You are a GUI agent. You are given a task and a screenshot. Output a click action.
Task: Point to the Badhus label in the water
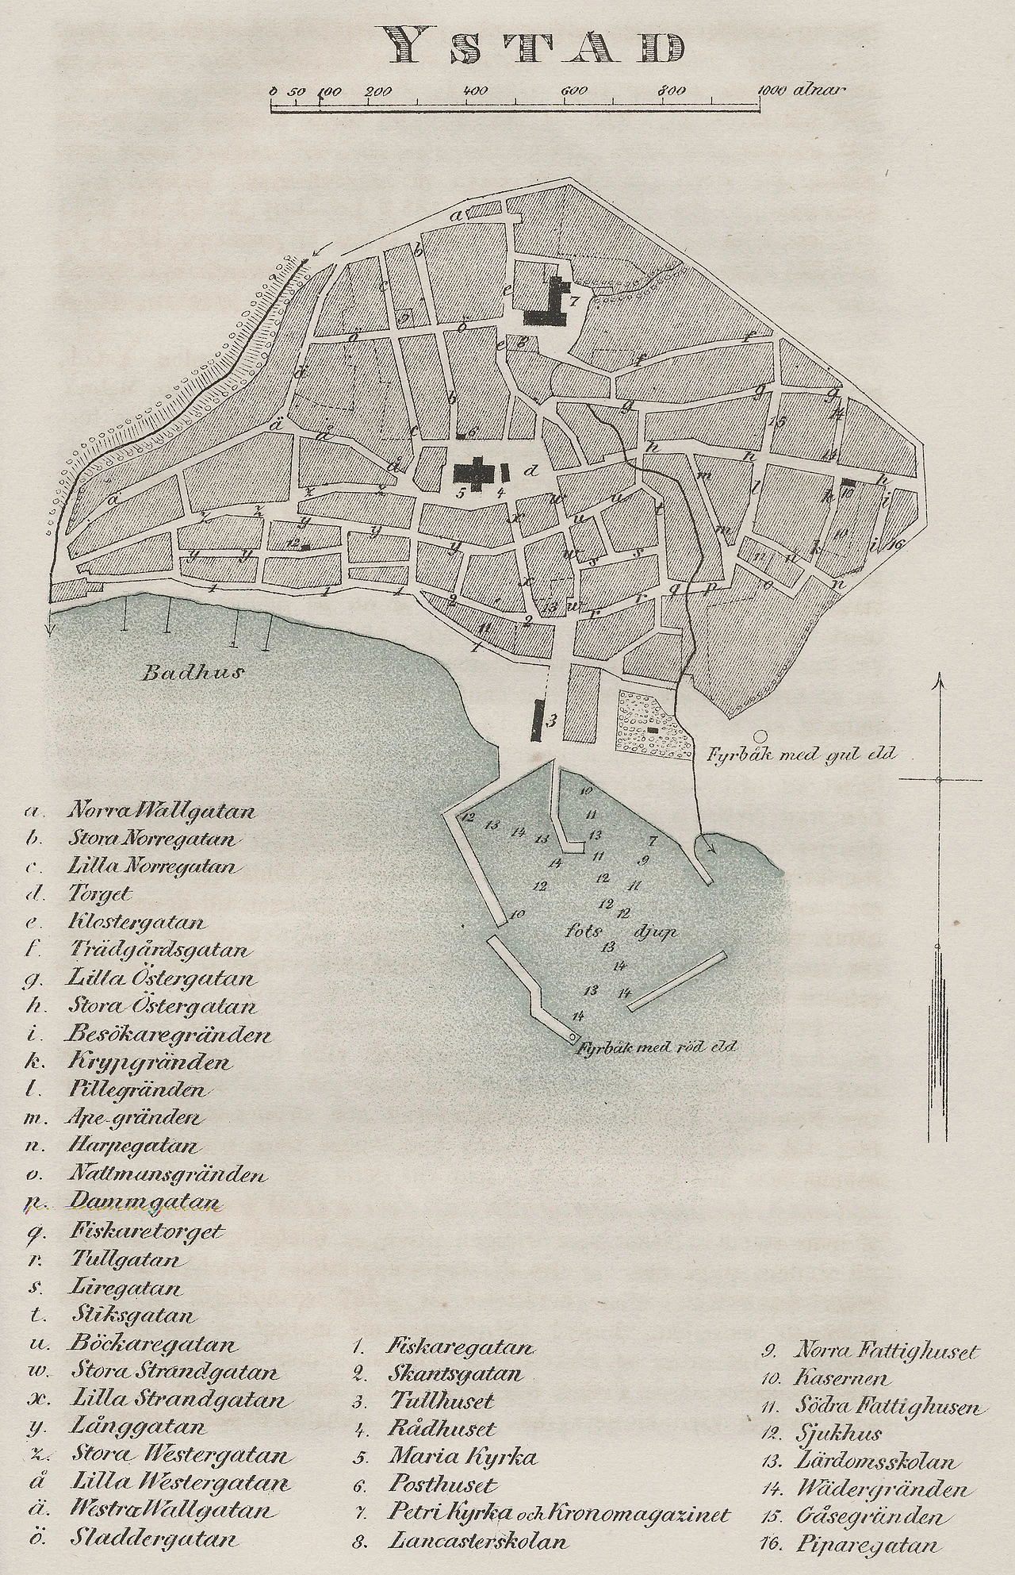pos(192,674)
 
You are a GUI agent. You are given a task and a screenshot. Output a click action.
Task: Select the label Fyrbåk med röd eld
pos(658,1045)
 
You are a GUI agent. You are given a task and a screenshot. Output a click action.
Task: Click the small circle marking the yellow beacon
pos(760,736)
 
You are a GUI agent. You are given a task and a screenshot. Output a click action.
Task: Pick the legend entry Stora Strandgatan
pos(174,1371)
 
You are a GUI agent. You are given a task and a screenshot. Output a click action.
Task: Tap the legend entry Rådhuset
pos(441,1429)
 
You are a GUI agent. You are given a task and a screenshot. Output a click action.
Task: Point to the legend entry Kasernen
pos(841,1379)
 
